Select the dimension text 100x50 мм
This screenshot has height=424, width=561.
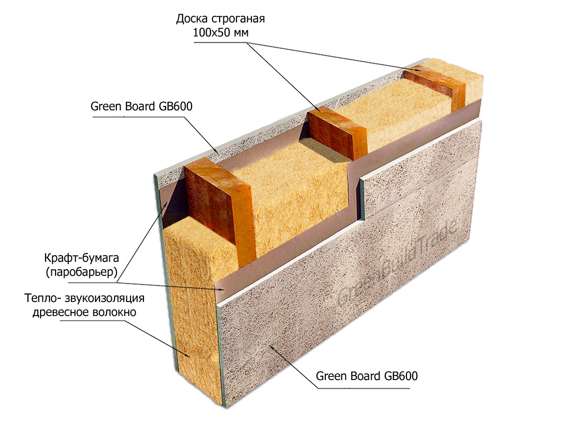[x=221, y=33]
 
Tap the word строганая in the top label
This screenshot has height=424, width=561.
[x=238, y=19]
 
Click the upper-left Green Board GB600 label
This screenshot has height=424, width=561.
[x=141, y=106]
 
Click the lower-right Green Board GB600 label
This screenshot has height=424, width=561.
[x=367, y=376]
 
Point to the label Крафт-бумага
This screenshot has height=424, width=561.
[x=81, y=259]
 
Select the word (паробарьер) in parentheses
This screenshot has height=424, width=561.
[x=81, y=272]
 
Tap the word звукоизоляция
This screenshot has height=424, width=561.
[x=105, y=298]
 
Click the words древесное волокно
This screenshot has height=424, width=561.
[x=84, y=312]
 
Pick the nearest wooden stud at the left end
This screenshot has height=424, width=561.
[x=220, y=209]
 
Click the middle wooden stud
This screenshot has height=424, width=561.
[x=338, y=133]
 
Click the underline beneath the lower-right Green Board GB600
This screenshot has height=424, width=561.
[x=364, y=388]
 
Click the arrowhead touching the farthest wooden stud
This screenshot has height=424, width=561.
[x=417, y=70]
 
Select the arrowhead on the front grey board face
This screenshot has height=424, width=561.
[x=272, y=346]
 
